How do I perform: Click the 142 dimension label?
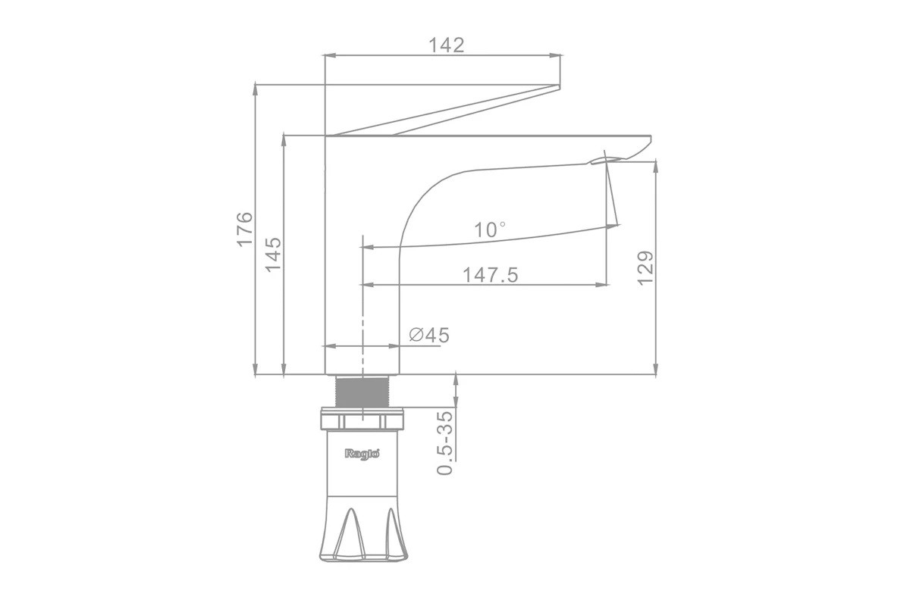446,45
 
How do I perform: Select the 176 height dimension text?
244,229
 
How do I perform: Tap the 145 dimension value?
273,255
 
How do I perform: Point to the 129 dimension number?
645,268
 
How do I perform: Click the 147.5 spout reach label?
491,275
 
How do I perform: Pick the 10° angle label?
491,230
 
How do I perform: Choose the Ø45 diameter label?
429,336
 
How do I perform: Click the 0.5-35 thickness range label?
444,443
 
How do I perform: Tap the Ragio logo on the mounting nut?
362,454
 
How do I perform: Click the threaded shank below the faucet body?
362,391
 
